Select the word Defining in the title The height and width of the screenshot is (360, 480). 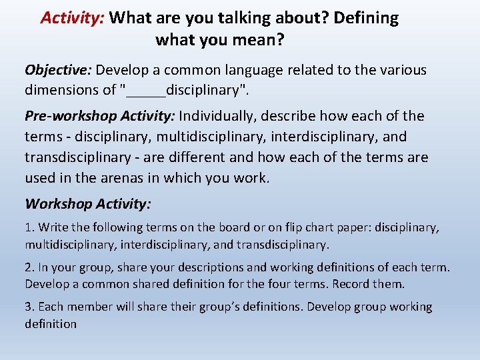point(365,18)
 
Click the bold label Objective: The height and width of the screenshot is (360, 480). point(59,70)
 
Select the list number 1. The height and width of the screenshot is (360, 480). point(29,227)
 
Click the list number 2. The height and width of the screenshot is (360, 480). point(29,267)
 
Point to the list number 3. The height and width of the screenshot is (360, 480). point(29,307)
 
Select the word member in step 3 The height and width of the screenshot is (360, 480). point(86,307)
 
